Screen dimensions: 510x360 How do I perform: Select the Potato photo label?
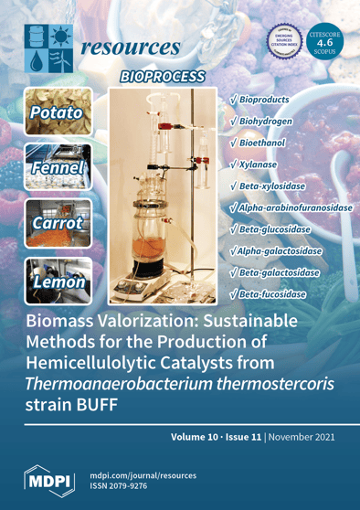(56, 113)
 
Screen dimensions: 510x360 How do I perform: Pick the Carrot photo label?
(57, 223)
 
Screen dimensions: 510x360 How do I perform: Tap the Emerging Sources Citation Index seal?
(282, 40)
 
